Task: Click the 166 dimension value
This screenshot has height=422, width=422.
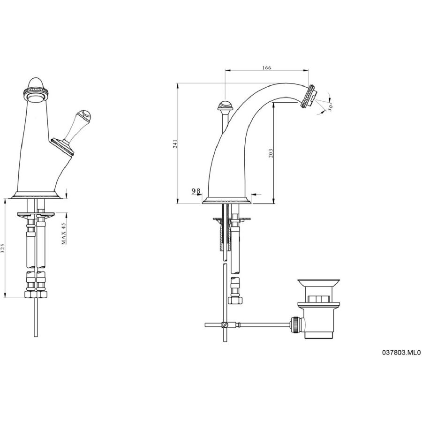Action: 266,68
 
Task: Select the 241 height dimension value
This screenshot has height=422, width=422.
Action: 175,144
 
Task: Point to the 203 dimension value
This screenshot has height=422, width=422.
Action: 271,153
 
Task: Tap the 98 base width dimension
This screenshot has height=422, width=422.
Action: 196,191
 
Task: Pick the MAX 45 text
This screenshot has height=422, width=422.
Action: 64,233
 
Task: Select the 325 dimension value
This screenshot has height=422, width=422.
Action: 3,249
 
